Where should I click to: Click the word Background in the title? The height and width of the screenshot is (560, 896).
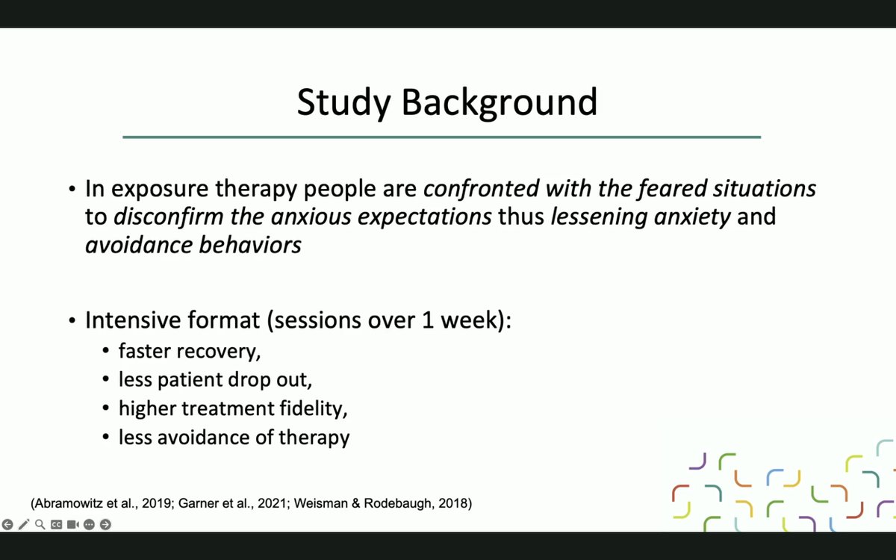point(500,102)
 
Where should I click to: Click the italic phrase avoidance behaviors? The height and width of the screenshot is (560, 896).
point(193,245)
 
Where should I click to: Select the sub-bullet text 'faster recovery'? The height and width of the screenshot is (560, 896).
point(190,350)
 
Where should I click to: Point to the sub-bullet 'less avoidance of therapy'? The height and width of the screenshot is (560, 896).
point(234,437)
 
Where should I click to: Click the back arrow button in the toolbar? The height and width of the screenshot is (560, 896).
point(7,524)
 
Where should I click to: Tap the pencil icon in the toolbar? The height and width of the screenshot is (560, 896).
point(24,524)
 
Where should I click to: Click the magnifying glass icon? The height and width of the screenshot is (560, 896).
point(40,524)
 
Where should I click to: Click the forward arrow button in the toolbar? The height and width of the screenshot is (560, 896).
point(105,524)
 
